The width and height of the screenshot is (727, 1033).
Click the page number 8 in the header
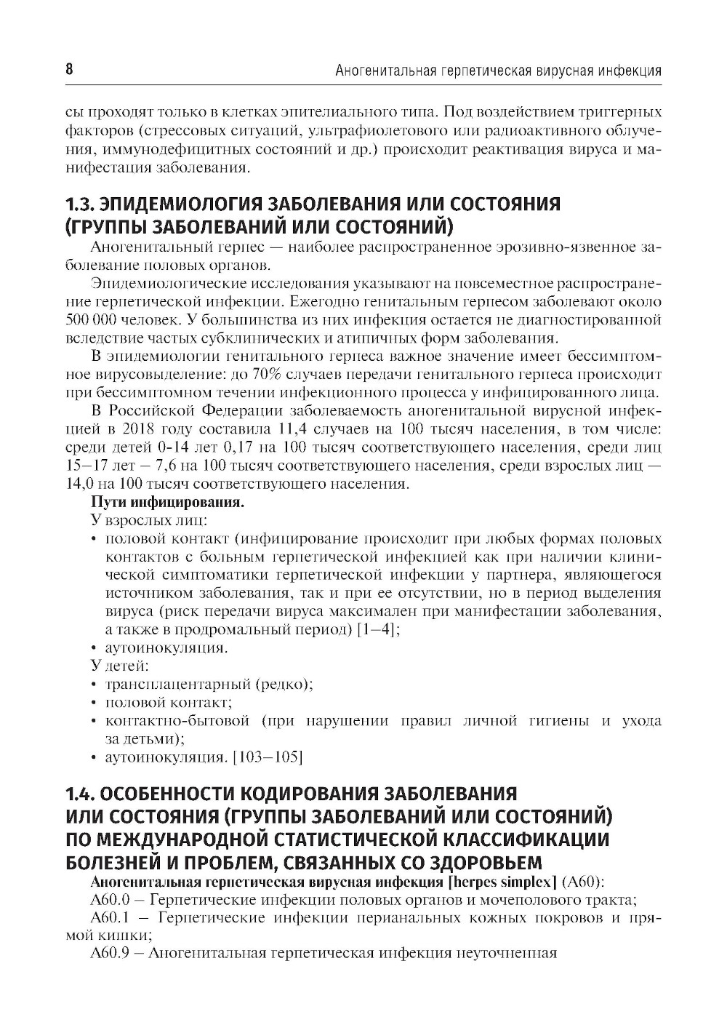coord(69,70)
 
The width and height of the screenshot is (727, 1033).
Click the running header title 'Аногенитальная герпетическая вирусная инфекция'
coord(497,71)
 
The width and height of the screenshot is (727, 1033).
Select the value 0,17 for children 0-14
coord(184,447)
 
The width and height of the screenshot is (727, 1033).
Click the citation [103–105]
coord(266,758)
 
